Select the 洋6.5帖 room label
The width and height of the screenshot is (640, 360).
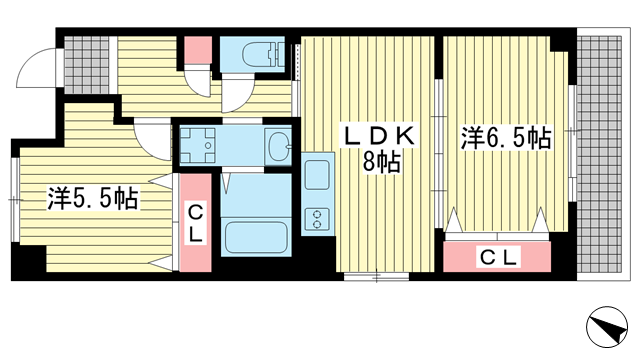tap(506, 138)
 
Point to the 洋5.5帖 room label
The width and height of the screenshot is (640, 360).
tap(92, 198)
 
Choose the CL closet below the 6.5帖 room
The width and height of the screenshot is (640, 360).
tap(499, 257)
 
